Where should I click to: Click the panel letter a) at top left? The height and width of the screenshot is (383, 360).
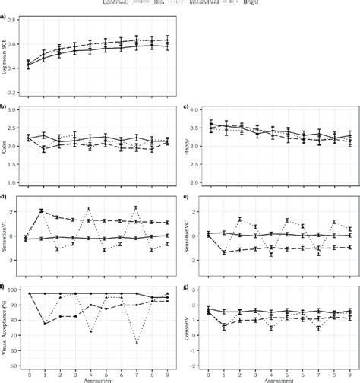coord(4,13)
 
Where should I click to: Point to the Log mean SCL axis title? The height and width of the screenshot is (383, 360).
coord(7,56)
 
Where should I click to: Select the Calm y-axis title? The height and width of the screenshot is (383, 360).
coord(7,145)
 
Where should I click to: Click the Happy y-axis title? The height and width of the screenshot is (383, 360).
coord(188,145)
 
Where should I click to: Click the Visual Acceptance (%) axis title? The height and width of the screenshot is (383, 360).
coord(7,328)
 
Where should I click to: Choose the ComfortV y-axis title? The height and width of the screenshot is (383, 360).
coord(188,328)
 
